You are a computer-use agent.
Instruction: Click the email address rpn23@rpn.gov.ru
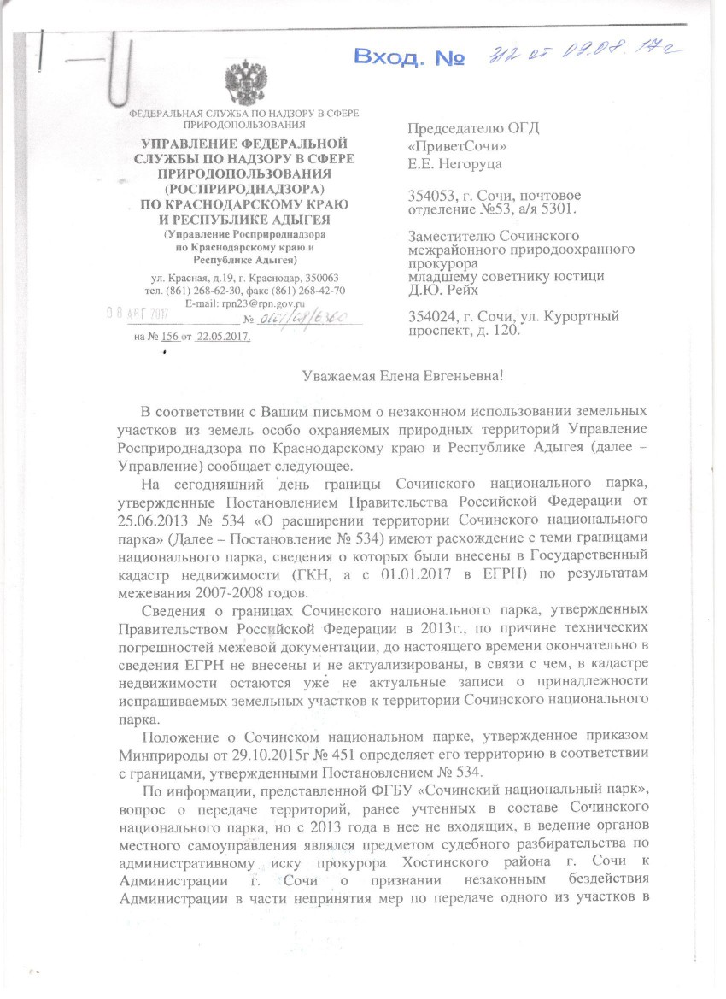pos(265,303)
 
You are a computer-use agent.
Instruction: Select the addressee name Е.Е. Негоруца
pos(455,163)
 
